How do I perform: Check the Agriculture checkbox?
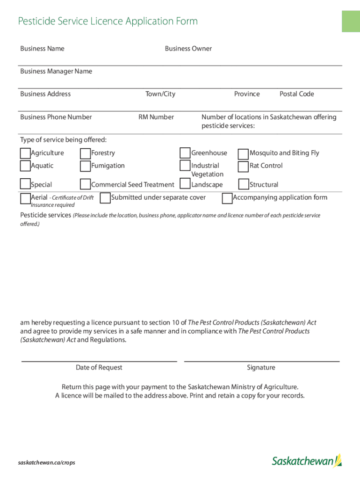point(25,153)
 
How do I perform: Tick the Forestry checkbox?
point(86,153)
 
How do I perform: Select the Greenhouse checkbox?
point(185,153)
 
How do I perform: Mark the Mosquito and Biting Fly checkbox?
point(243,154)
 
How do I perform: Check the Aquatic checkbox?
point(25,166)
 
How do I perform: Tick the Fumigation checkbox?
point(86,166)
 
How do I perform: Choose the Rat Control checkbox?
point(243,166)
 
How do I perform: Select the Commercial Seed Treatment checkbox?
point(86,185)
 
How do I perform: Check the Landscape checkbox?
point(185,184)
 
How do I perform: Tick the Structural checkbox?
point(243,185)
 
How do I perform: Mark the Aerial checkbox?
point(25,199)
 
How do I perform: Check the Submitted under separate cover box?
point(105,198)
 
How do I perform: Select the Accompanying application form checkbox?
point(227,198)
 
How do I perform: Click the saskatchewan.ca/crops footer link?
point(46,463)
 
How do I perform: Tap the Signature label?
point(261,368)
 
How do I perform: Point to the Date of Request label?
point(99,368)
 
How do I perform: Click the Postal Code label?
point(296,94)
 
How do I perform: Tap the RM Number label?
point(156,117)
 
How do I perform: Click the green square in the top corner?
point(351,21)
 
